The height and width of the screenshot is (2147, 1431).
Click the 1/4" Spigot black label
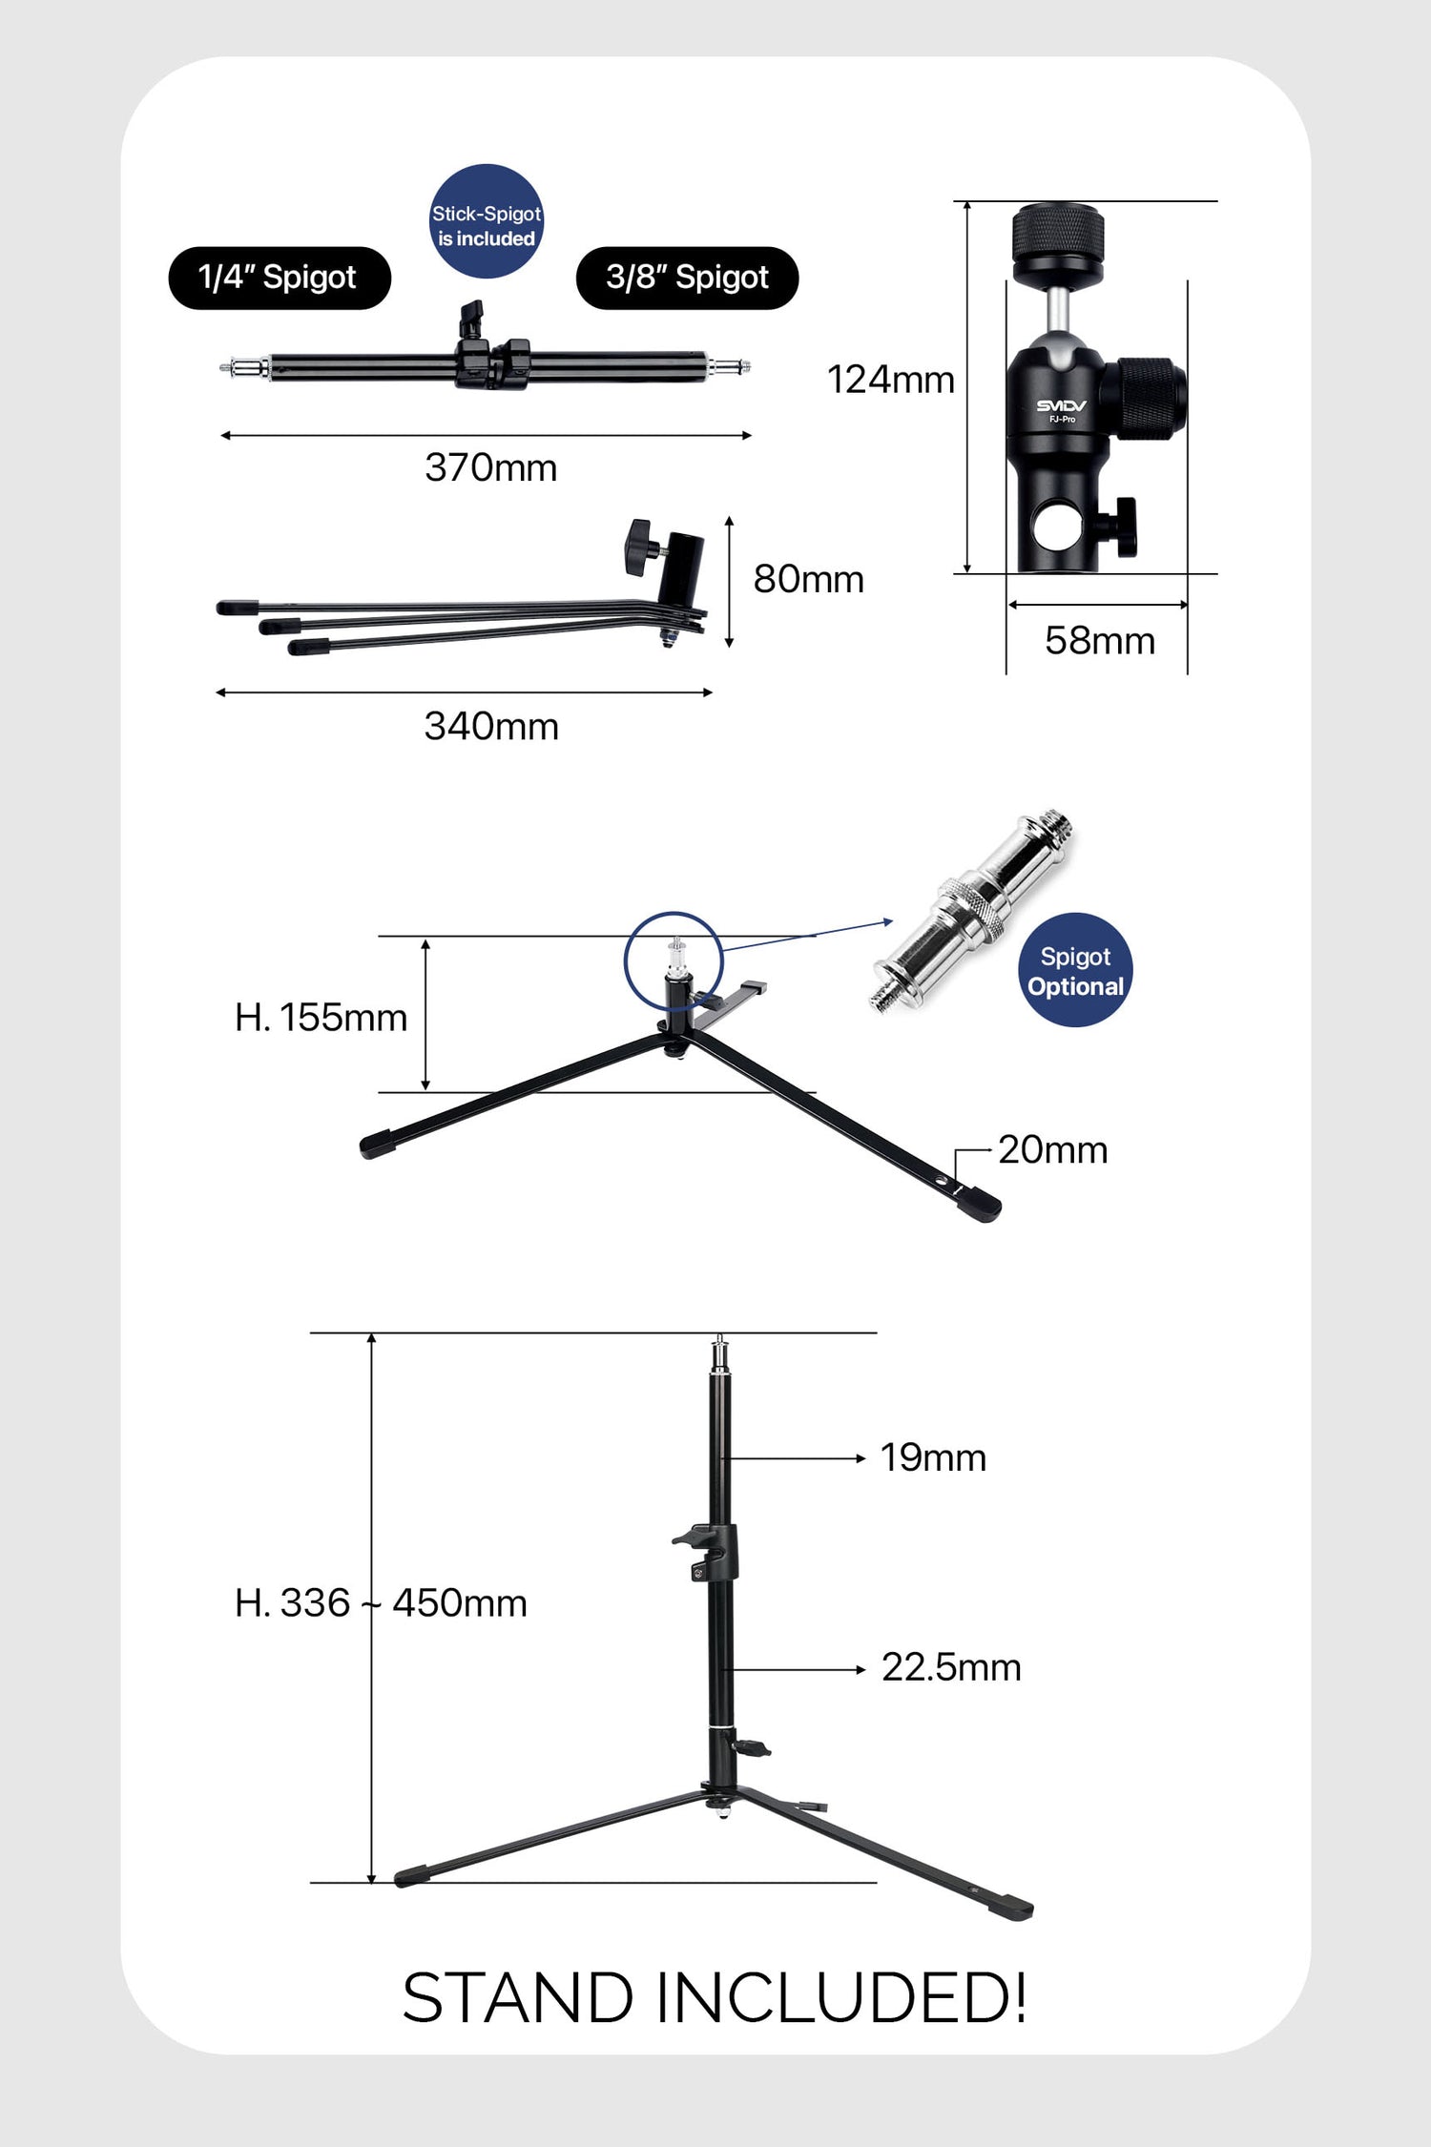280,279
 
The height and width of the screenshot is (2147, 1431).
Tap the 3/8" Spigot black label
687,279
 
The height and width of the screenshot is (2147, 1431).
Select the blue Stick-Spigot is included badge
487,221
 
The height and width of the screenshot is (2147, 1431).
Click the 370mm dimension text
490,468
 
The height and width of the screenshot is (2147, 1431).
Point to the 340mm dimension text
491,727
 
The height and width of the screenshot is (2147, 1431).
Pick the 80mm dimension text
808,579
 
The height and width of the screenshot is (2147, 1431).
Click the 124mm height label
890,380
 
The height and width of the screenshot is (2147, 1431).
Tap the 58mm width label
1099,641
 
